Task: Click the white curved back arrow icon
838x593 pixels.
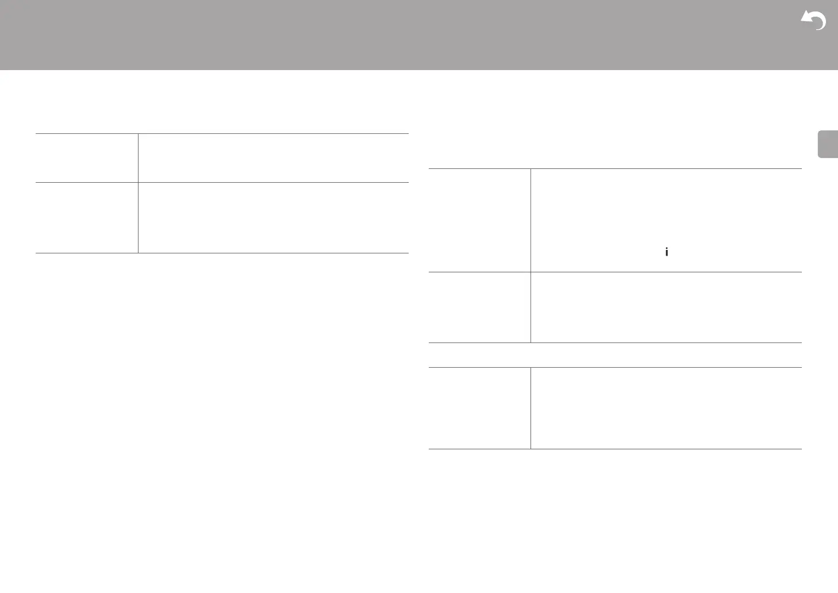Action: (814, 21)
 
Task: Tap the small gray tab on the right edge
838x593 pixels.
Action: (827, 144)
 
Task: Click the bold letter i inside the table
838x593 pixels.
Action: (666, 252)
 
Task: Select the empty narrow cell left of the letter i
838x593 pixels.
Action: (479, 220)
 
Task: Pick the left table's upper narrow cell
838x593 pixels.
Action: (87, 158)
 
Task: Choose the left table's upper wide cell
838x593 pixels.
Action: (273, 158)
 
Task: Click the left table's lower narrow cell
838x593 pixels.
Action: (87, 218)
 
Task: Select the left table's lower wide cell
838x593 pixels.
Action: (273, 218)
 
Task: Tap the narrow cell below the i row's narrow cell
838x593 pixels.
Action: (479, 307)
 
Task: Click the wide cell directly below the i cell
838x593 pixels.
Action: (666, 307)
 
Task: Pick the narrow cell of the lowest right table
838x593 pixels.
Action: (479, 408)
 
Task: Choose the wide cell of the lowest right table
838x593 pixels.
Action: (666, 408)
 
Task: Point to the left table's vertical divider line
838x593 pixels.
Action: (139, 193)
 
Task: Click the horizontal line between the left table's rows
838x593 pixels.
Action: (222, 183)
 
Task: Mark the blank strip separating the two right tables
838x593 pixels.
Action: (615, 355)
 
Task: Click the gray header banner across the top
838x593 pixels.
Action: (402, 34)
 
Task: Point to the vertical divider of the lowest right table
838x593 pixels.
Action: (531, 408)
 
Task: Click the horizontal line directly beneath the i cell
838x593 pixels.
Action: (666, 272)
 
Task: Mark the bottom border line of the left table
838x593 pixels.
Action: (222, 253)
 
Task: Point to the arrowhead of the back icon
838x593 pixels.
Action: (806, 18)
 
